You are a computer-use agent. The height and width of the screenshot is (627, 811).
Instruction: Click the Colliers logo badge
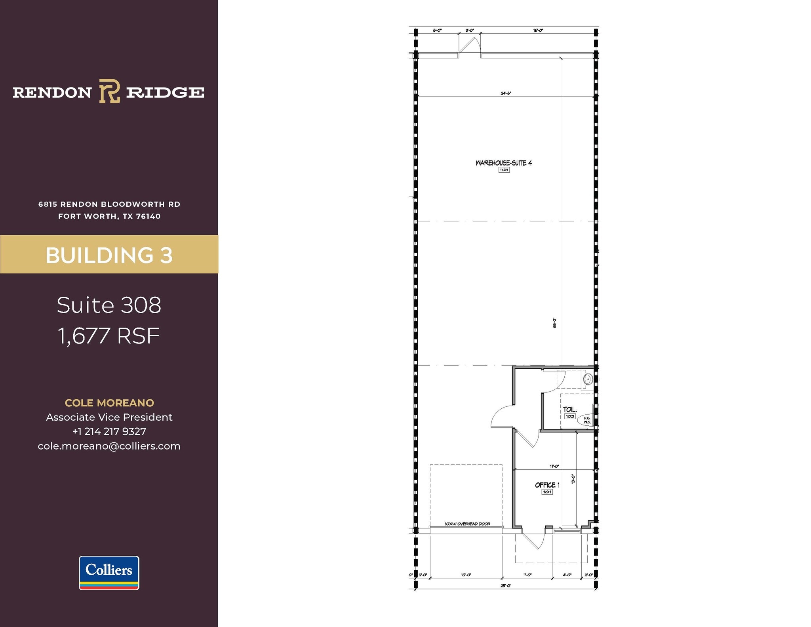tap(109, 573)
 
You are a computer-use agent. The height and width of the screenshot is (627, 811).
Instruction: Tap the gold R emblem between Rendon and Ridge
tap(109, 91)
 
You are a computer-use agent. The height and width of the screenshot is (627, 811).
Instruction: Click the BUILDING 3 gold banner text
tap(109, 255)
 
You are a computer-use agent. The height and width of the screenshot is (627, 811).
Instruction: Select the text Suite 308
tap(109, 305)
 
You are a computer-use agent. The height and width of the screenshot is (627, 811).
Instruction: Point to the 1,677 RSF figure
tap(109, 336)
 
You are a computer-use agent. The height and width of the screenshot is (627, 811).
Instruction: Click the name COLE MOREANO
tap(109, 403)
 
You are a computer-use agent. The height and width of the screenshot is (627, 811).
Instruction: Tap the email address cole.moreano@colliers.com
tap(109, 446)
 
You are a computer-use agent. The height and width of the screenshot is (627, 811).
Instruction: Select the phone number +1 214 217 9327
tap(109, 431)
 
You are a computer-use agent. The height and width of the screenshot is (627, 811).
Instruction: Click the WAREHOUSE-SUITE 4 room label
tap(504, 163)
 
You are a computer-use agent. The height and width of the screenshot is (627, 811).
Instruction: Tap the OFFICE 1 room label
tap(547, 485)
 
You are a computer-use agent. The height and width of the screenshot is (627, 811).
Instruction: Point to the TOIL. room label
tap(570, 410)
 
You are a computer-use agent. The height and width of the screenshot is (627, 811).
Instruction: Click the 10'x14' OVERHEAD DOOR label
tap(467, 524)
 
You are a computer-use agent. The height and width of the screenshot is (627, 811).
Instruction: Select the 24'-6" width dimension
tap(506, 93)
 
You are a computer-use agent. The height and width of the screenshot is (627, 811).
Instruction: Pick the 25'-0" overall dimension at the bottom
tap(506, 585)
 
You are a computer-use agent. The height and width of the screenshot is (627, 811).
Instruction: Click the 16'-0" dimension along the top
tap(538, 30)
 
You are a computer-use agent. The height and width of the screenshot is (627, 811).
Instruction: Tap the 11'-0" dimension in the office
tap(554, 466)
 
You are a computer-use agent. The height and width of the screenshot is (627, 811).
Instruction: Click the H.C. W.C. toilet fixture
tap(586, 420)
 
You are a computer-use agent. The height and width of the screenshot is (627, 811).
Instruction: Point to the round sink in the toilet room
tap(588, 379)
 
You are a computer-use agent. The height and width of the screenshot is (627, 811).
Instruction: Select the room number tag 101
tap(547, 492)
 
